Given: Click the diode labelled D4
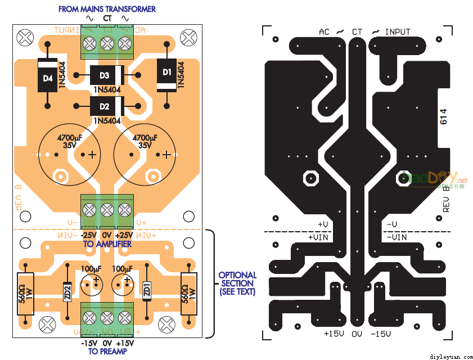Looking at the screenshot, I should pyautogui.click(x=46, y=79).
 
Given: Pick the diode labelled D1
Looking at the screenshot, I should pyautogui.click(x=167, y=74).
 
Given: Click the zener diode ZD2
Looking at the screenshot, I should pyautogui.click(x=67, y=291).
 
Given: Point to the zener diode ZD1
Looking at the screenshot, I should pyautogui.click(x=147, y=291).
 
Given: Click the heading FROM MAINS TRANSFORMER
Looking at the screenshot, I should pyautogui.click(x=107, y=9).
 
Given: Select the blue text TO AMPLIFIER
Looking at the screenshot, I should pyautogui.click(x=107, y=244).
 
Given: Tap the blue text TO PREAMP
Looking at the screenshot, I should pyautogui.click(x=107, y=351).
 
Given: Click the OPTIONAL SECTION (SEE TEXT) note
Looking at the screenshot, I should pyautogui.click(x=237, y=283).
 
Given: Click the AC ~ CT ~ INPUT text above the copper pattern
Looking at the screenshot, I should pyautogui.click(x=364, y=32).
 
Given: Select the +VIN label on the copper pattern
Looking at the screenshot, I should pyautogui.click(x=318, y=237).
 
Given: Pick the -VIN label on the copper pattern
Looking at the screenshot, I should pyautogui.click(x=397, y=237).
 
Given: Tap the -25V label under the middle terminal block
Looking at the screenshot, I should pyautogui.click(x=89, y=235).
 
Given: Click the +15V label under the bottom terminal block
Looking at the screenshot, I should pyautogui.click(x=125, y=343).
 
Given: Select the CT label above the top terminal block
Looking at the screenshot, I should pyautogui.click(x=107, y=18).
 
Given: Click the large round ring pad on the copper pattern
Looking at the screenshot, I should pyautogui.click(x=310, y=178).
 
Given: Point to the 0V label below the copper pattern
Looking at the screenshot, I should pyautogui.click(x=357, y=334).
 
